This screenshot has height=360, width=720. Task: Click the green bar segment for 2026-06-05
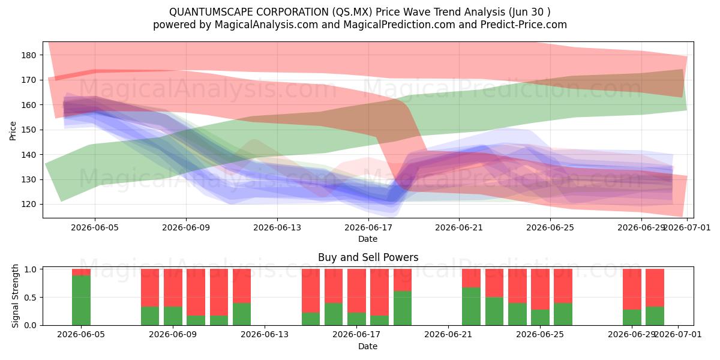(x=81, y=300)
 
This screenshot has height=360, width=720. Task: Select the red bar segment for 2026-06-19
(x=403, y=280)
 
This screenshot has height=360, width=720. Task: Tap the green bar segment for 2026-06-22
(x=471, y=307)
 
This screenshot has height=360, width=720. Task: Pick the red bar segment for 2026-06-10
(x=196, y=292)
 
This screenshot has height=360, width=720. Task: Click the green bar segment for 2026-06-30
(x=655, y=316)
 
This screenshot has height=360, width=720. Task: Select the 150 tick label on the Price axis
(x=29, y=130)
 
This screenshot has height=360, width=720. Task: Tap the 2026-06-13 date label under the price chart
(x=277, y=227)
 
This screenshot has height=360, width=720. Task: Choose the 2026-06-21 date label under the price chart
(x=459, y=227)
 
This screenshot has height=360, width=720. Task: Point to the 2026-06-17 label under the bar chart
(x=356, y=335)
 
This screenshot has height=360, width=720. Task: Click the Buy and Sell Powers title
(x=368, y=257)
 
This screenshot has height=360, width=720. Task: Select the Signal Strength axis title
(x=15, y=296)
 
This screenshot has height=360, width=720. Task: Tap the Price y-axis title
(x=13, y=131)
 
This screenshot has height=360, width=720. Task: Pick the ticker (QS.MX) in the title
(x=352, y=12)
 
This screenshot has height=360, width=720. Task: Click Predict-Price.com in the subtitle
(x=524, y=25)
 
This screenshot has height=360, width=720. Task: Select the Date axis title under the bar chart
(x=368, y=346)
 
